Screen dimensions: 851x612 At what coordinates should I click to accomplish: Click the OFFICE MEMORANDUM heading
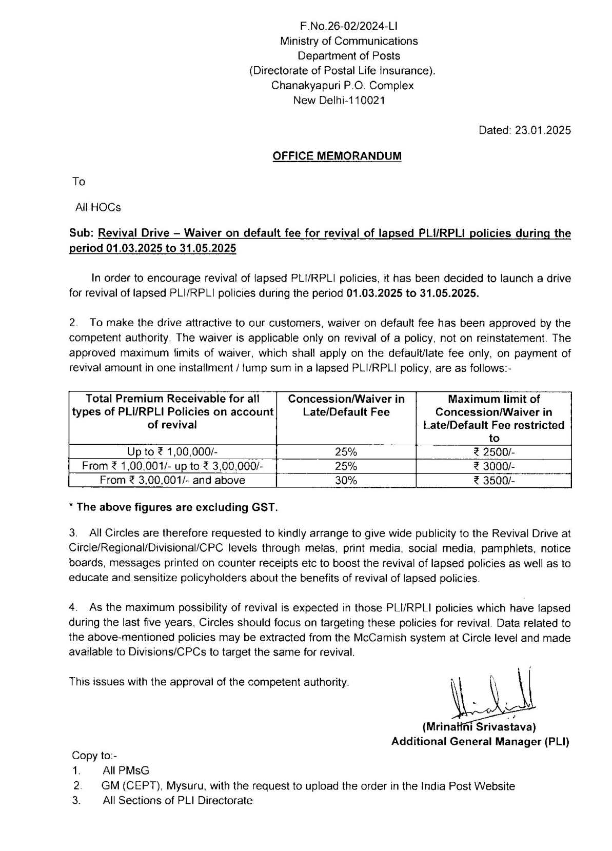click(337, 156)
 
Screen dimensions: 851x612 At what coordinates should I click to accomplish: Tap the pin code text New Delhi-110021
click(339, 100)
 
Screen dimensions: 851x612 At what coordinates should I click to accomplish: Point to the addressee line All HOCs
click(98, 207)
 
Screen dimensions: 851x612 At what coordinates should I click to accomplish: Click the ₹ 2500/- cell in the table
click(493, 452)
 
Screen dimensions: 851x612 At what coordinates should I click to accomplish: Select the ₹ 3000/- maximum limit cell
click(493, 466)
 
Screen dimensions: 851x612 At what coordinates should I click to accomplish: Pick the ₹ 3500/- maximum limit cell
click(493, 481)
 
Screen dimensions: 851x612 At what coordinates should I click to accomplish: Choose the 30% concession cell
click(346, 481)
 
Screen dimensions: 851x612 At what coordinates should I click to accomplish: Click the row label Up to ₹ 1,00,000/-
click(172, 452)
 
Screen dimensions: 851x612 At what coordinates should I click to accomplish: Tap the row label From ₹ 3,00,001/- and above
click(172, 481)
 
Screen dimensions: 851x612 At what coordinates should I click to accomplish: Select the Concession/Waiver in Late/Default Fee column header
click(346, 405)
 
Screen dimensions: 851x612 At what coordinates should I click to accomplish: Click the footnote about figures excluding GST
click(173, 507)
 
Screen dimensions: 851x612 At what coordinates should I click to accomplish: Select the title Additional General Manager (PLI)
click(480, 741)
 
